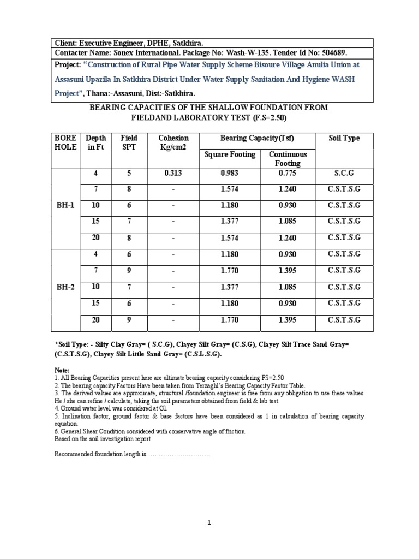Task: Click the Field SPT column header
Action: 129,143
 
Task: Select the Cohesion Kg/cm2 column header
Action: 173,143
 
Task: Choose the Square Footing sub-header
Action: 230,154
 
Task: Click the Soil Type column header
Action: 344,139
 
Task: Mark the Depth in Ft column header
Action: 97,143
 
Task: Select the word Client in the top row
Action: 66,43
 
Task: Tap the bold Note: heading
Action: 63,370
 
